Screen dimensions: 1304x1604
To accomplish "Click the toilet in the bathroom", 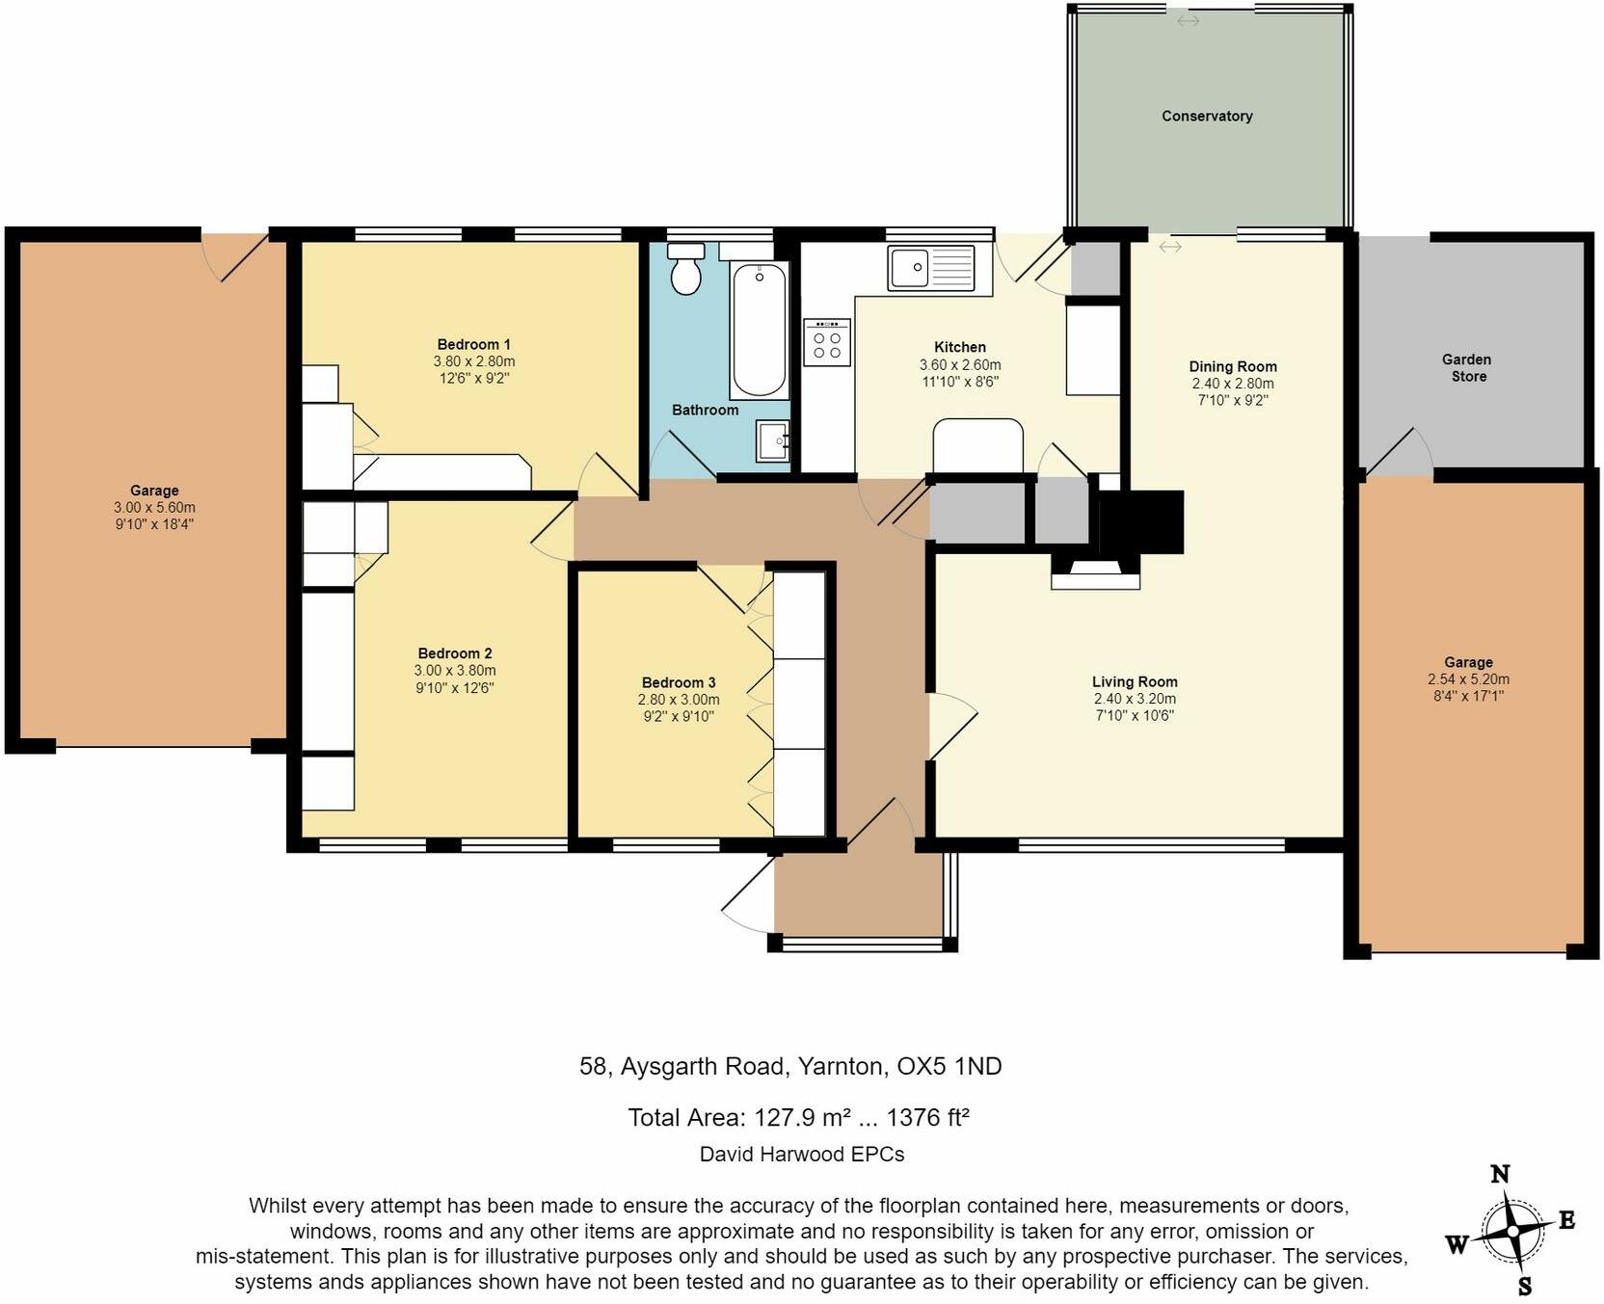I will click(x=685, y=270).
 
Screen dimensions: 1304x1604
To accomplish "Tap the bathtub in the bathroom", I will click(x=759, y=330).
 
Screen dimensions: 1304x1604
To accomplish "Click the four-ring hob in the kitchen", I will click(x=827, y=343).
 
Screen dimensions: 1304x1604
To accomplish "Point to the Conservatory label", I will click(x=1206, y=116).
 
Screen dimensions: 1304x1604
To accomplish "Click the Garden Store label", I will click(x=1467, y=367).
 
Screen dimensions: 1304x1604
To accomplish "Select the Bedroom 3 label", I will click(x=678, y=682).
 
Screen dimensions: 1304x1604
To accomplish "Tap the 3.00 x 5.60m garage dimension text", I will click(x=154, y=507).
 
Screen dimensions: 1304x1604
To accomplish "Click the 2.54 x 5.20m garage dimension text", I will click(x=1468, y=679).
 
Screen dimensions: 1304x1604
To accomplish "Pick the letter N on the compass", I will click(x=1499, y=1173).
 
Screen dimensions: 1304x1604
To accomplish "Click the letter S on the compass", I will click(x=1524, y=1287).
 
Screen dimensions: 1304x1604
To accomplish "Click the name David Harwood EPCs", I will click(x=801, y=1154).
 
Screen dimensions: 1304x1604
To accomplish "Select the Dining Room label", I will click(x=1232, y=366).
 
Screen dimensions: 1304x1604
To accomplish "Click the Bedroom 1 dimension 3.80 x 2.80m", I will click(x=473, y=361).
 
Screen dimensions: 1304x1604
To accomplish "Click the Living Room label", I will click(x=1134, y=681).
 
